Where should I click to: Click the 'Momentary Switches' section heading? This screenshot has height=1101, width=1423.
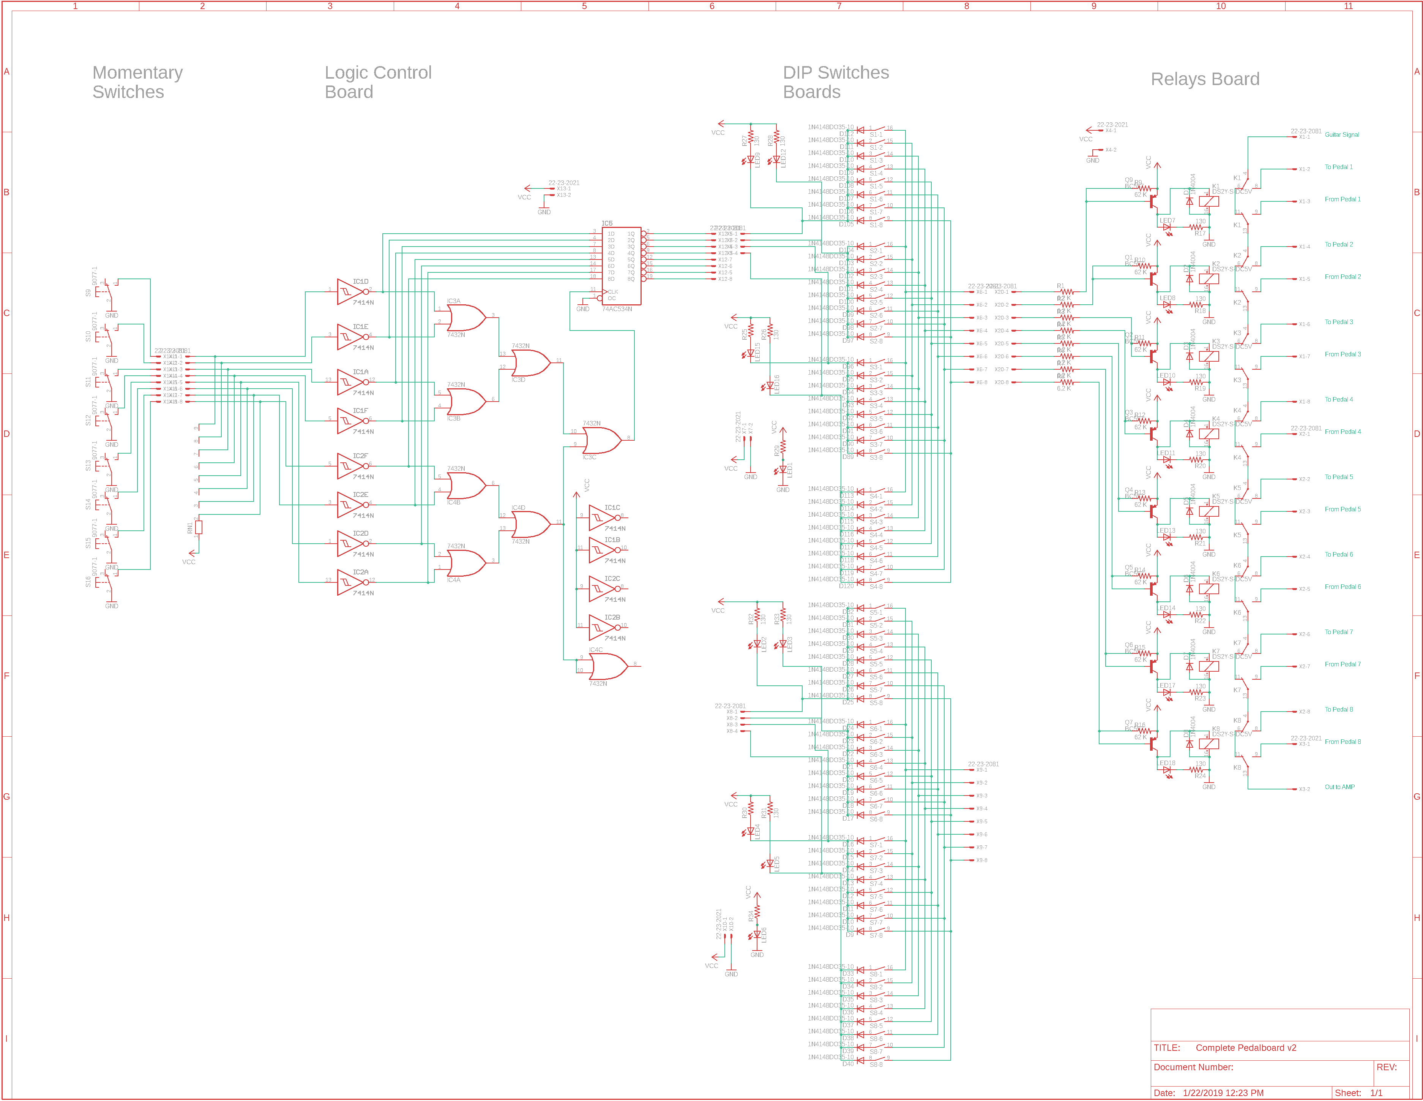[x=137, y=82]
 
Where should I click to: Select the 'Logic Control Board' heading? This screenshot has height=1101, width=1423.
[x=378, y=82]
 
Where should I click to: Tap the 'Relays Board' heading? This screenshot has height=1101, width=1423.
[x=1205, y=79]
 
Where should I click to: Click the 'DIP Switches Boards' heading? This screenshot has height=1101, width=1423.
[x=835, y=82]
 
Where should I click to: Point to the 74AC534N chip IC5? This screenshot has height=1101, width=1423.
[x=622, y=265]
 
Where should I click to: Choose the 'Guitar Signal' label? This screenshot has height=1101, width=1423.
[x=1341, y=135]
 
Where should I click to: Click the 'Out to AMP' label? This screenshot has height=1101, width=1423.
[x=1339, y=787]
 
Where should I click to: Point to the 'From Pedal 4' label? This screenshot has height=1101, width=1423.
[x=1342, y=432]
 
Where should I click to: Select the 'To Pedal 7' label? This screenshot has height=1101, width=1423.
[x=1338, y=632]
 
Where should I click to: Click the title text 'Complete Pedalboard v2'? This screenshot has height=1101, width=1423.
[x=1245, y=1047]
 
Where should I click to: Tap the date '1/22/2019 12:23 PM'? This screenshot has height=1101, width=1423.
[x=1223, y=1093]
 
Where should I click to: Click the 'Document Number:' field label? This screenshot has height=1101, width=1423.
[x=1193, y=1067]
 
